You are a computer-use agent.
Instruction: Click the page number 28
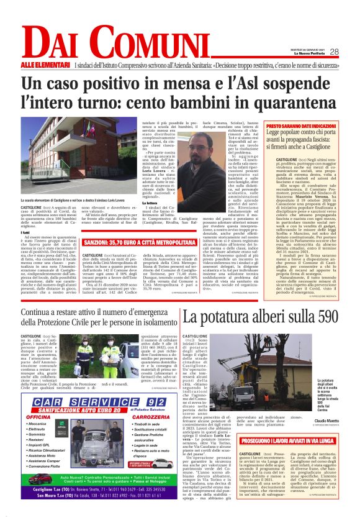[x=334, y=52]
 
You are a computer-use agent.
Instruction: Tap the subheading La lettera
[x=151, y=203]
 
